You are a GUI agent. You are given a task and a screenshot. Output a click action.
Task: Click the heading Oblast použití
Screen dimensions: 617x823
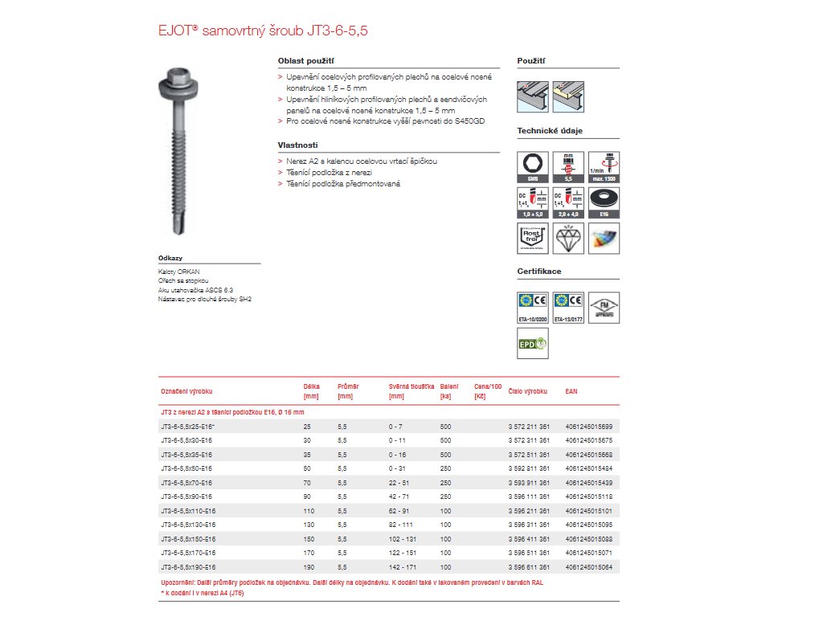tap(305, 60)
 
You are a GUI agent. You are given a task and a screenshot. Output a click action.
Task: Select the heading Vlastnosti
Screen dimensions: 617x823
tap(297, 145)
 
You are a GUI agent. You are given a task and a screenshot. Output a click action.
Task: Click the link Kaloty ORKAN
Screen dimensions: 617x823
tap(178, 272)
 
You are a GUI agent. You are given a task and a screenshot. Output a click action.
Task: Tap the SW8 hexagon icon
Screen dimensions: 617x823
tap(531, 165)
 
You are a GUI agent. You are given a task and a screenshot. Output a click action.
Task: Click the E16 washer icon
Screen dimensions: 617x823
tap(605, 202)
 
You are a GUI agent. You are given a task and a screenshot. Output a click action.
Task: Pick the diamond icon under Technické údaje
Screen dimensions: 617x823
tap(568, 239)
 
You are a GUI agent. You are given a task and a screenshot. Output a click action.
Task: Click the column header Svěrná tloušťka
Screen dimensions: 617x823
tap(411, 386)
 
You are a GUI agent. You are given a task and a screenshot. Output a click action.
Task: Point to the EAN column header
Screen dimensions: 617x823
tap(571, 391)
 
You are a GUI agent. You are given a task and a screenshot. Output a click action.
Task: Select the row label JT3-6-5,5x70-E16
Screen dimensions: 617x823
tap(186, 482)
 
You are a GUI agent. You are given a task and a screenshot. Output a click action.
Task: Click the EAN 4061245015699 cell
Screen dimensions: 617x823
tap(594, 427)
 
